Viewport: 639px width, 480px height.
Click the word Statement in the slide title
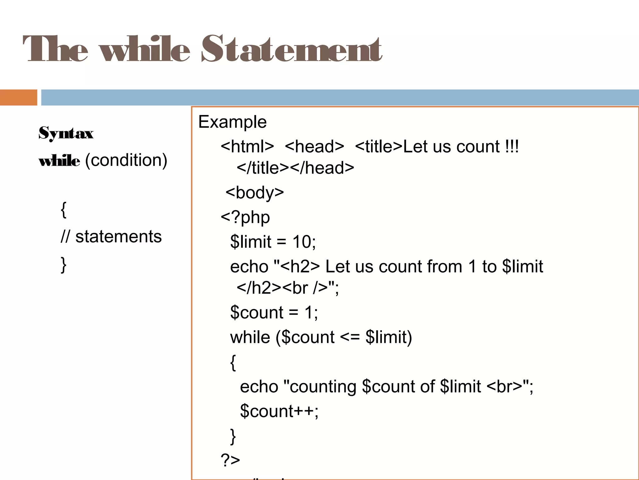click(x=292, y=49)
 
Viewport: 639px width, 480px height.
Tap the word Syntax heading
click(x=66, y=133)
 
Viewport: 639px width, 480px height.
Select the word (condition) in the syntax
click(x=126, y=161)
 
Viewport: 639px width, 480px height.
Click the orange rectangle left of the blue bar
click(x=18, y=97)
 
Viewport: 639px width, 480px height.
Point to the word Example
click(x=232, y=122)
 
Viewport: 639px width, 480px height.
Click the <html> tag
click(x=247, y=147)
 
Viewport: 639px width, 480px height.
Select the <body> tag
click(x=255, y=192)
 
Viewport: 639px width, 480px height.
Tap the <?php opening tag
click(x=245, y=217)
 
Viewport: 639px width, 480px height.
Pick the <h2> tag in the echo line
click(x=300, y=267)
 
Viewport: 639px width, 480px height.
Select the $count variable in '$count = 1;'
click(x=257, y=312)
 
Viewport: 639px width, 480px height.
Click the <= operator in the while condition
click(x=350, y=337)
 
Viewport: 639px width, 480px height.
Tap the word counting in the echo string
click(x=323, y=387)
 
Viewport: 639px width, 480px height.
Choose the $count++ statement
click(x=279, y=411)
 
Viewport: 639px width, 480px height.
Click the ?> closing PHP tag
click(x=230, y=460)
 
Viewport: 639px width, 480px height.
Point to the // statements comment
click(x=111, y=237)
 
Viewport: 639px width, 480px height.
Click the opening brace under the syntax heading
click(x=64, y=210)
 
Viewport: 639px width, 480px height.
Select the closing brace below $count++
click(x=233, y=436)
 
